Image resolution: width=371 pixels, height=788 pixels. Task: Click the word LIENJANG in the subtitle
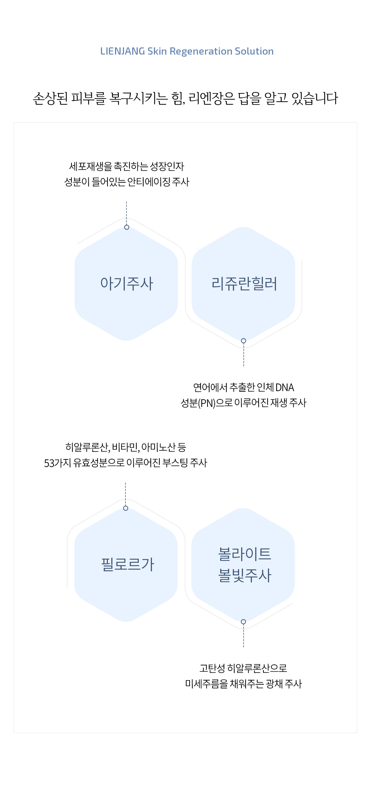tap(123, 51)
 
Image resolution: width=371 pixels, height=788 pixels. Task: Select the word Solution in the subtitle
tap(254, 51)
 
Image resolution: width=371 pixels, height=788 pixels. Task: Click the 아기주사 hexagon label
tap(127, 284)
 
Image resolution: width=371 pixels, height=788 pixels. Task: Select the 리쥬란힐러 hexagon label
tap(244, 284)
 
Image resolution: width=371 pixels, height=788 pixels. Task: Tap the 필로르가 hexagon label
tap(128, 564)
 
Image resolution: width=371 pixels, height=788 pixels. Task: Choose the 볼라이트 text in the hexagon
tap(245, 553)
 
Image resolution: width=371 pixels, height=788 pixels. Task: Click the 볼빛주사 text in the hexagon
tap(245, 575)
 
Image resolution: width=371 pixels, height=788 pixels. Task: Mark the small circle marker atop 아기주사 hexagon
tap(127, 227)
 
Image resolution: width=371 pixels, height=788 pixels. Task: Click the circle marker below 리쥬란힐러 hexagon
tap(244, 341)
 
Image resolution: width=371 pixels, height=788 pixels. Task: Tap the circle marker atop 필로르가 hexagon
tap(126, 508)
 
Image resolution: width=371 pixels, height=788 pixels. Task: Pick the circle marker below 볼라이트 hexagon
tap(244, 622)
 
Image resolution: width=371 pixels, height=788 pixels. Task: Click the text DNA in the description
tap(285, 388)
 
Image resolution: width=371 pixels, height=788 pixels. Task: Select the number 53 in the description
tap(49, 463)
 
